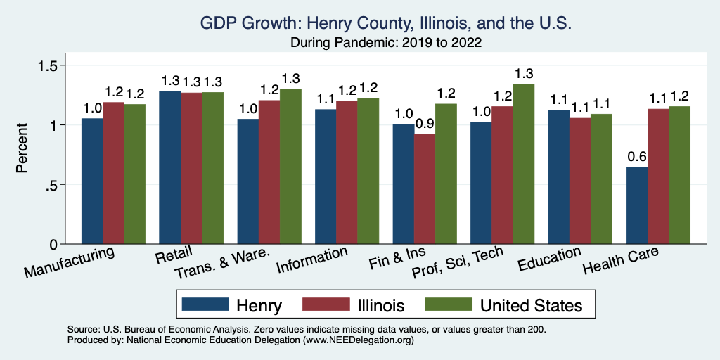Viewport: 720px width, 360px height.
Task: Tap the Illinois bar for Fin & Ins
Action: point(425,189)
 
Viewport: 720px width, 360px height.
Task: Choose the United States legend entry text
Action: point(531,305)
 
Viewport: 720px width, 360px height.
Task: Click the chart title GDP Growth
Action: point(386,23)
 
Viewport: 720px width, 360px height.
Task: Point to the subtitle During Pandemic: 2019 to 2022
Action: point(386,43)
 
